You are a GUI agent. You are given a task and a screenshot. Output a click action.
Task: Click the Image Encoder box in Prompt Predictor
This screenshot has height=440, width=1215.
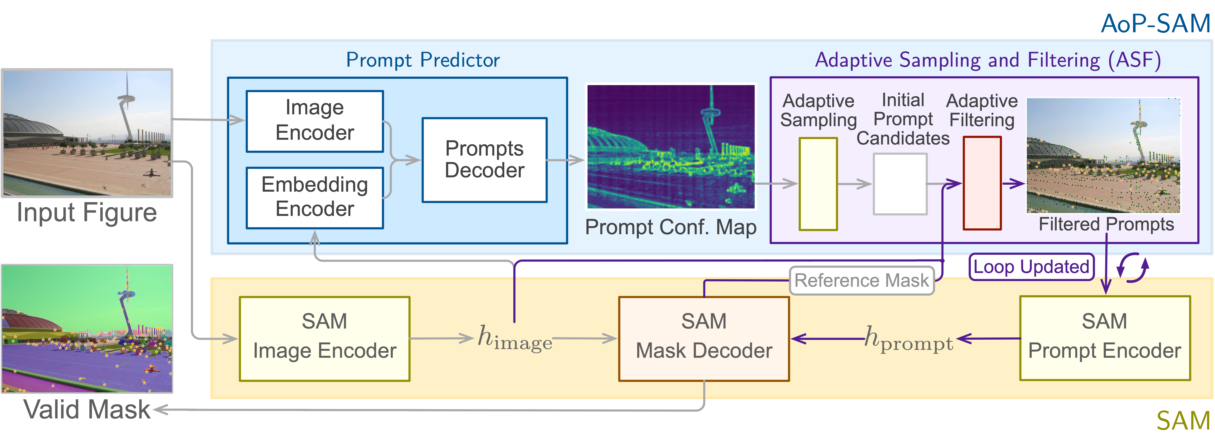click(x=315, y=121)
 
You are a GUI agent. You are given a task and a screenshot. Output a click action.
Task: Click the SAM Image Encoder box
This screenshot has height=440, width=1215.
click(x=325, y=338)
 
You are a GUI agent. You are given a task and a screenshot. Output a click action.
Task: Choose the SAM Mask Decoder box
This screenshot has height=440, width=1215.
click(x=704, y=338)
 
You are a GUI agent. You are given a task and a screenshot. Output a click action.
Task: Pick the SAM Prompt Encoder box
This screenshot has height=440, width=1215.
click(x=1105, y=338)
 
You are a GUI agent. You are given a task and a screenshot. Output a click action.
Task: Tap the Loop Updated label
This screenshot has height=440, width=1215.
click(x=1031, y=267)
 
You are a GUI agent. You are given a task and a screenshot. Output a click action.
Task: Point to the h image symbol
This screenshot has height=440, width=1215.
click(x=514, y=338)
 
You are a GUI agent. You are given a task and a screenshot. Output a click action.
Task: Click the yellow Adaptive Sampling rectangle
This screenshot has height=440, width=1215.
click(x=818, y=184)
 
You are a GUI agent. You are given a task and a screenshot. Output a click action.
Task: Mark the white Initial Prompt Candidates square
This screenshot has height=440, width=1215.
click(x=900, y=184)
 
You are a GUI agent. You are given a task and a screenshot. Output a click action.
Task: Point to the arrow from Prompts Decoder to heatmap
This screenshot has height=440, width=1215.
click(x=565, y=160)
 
